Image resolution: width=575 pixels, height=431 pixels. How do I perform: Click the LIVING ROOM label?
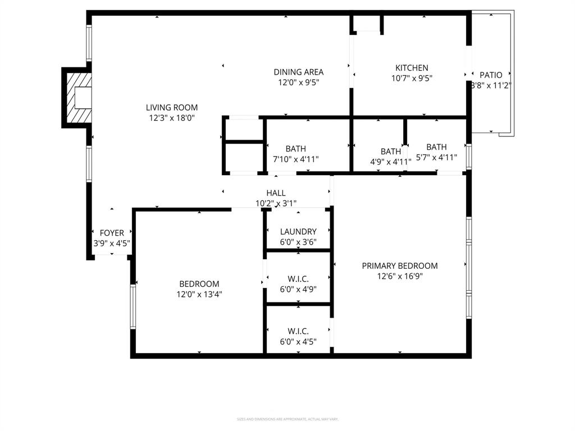pos(172,107)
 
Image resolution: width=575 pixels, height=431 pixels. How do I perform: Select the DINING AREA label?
pos(298,72)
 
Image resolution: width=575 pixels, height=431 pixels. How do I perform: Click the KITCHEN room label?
pos(412,68)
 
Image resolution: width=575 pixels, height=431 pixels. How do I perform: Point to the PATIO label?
pos(491,75)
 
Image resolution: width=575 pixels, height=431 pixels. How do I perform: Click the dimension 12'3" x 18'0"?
pos(172,118)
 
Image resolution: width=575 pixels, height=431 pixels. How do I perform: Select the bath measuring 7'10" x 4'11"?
pos(295,149)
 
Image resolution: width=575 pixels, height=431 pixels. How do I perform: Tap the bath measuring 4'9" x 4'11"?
pos(391,152)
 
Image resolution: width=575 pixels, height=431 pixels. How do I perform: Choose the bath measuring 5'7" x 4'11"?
pos(436,147)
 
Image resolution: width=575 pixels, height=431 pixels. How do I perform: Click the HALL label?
pos(276,193)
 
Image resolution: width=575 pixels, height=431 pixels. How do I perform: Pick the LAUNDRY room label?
pos(298,231)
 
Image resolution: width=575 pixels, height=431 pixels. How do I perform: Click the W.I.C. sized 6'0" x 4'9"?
pos(298,279)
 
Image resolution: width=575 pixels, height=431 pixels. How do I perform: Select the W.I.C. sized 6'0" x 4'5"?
pos(298,331)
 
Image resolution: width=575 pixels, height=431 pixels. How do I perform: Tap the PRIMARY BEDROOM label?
pos(399,265)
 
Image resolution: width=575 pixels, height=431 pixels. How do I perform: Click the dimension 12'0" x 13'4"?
pos(199,294)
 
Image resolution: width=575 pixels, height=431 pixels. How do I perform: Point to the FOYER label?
pos(112,233)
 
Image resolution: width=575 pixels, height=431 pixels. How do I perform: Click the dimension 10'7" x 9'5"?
pos(412,79)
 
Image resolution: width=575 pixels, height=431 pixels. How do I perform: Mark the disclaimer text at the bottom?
pos(287,419)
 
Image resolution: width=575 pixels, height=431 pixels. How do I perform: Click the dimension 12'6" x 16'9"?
pos(399,276)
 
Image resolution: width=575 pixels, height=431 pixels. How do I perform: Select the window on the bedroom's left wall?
pos(133,306)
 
